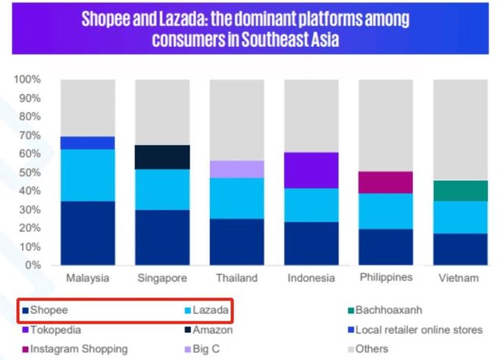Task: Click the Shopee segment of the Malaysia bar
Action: (x=88, y=233)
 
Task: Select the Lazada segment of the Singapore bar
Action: (x=163, y=189)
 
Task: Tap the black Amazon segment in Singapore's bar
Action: (x=163, y=157)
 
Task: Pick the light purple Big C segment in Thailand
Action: (x=237, y=169)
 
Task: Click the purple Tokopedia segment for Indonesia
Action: (x=311, y=170)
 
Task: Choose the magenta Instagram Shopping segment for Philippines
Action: (x=386, y=182)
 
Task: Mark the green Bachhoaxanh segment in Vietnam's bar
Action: (x=460, y=190)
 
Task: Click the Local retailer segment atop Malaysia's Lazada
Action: (x=88, y=142)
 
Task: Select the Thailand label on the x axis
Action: (x=237, y=278)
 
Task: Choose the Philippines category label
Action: (x=386, y=277)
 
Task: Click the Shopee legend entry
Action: (x=50, y=310)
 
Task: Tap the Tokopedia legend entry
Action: (x=54, y=330)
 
